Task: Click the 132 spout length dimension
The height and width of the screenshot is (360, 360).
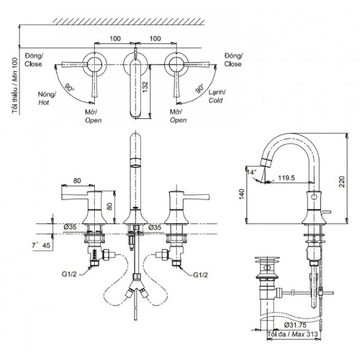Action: click(x=146, y=91)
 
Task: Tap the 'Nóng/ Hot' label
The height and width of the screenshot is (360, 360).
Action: click(x=47, y=98)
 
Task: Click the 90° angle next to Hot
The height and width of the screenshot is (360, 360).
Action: click(x=70, y=88)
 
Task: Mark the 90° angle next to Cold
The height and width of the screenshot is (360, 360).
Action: click(x=199, y=88)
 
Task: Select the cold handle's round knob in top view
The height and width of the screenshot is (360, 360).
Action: click(x=176, y=62)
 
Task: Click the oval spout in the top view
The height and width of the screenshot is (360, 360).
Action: click(x=136, y=87)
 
